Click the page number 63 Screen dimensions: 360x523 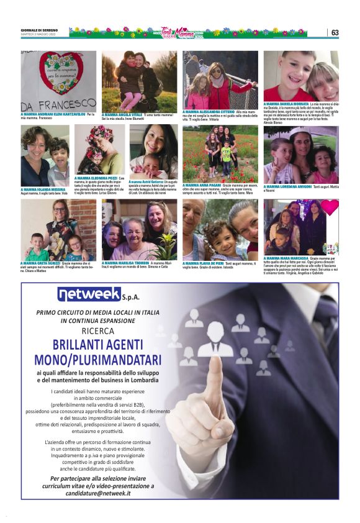pyautogui.click(x=335, y=32)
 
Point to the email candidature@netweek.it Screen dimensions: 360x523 pyautogui.click(x=98, y=493)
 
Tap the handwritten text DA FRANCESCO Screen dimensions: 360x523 pyautogui.click(x=59, y=103)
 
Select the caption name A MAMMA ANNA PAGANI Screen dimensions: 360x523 pyautogui.click(x=202, y=184)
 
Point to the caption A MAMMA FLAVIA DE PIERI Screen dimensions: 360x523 pyautogui.click(x=203, y=263)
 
